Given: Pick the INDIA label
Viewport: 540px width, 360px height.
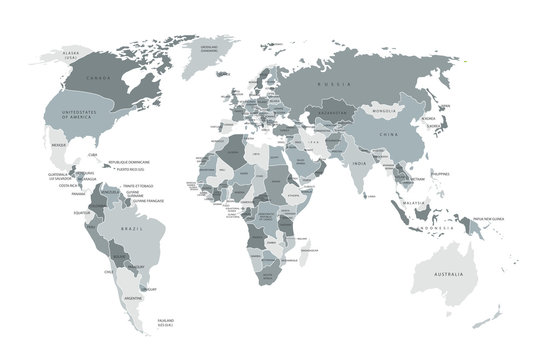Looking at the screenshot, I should (357, 163).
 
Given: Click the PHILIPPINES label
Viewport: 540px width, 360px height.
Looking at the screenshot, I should (439, 173).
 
